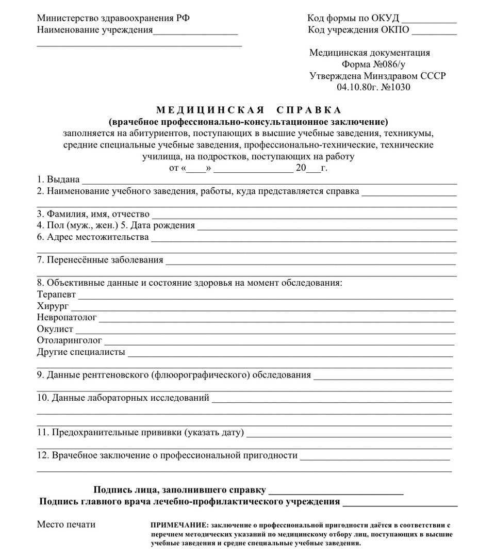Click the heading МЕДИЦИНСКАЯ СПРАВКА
tap(249, 110)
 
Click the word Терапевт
tap(56, 294)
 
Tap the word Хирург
tap(53, 306)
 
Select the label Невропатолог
tap(67, 318)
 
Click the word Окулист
tap(55, 329)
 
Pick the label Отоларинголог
tap(69, 340)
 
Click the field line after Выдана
tap(269, 182)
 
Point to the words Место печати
tap(66, 524)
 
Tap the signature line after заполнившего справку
tap(336, 492)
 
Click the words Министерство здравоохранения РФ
tap(113, 18)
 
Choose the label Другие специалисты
tap(81, 352)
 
